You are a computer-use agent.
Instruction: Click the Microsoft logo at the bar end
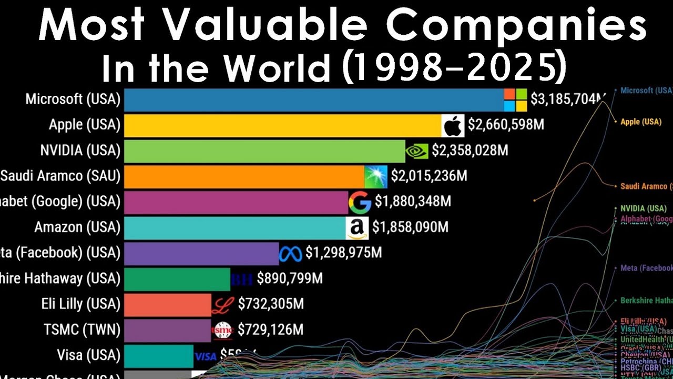tap(515, 99)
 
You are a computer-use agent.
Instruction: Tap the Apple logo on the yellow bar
tap(453, 125)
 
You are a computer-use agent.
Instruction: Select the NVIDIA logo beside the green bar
tap(416, 151)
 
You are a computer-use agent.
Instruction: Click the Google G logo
tap(360, 202)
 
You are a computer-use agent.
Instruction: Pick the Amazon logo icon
tap(357, 228)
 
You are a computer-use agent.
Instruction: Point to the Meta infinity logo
tap(291, 254)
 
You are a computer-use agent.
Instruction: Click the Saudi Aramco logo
tap(376, 176)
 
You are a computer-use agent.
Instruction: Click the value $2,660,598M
tap(506, 125)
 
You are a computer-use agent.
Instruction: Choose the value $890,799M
tap(289, 278)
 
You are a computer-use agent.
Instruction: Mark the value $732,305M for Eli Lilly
tap(271, 304)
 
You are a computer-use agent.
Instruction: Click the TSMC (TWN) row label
tap(82, 330)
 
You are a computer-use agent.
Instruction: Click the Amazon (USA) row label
tap(77, 227)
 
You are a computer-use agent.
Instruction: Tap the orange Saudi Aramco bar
tap(244, 176)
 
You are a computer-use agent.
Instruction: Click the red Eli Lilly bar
tap(167, 304)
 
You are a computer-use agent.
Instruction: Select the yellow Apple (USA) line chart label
tap(640, 122)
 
